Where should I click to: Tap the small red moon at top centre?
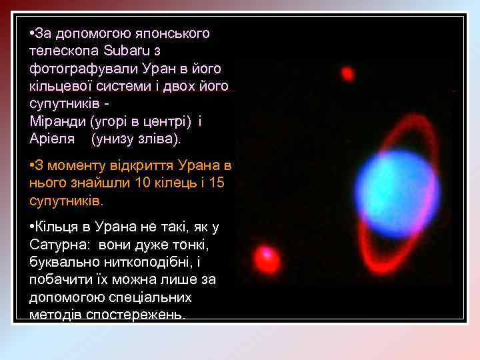point(347,73)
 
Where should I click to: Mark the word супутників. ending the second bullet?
point(66,200)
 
